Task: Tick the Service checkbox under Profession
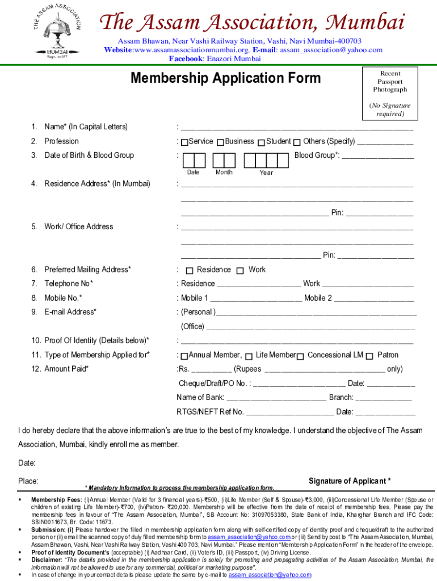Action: point(184,142)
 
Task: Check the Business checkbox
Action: point(220,142)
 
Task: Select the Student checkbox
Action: point(261,142)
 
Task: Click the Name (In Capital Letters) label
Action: point(86,127)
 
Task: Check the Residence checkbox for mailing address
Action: point(190,270)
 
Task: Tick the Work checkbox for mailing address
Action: point(241,270)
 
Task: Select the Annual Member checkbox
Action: point(184,356)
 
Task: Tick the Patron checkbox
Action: point(370,356)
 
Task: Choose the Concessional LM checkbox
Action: point(301,356)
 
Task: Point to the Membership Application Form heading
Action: point(225,78)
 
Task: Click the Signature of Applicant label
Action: point(349,481)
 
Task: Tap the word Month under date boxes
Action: point(224,172)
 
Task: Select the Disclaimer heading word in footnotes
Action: point(48,559)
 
